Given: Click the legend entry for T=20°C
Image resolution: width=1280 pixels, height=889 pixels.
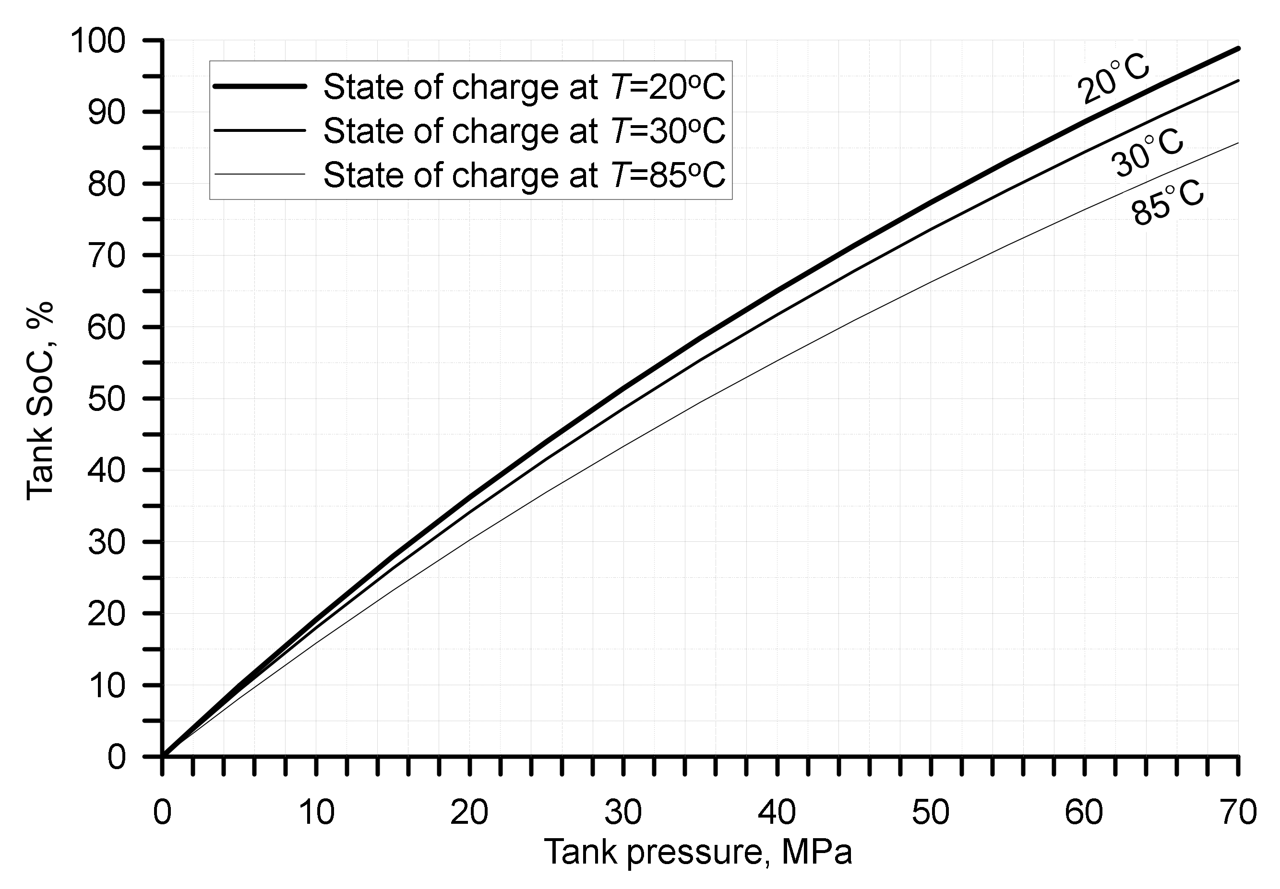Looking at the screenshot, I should pos(524,87).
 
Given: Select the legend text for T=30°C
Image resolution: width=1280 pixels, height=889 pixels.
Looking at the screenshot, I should pos(524,131).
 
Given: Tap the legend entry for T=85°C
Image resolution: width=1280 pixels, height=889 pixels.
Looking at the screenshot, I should pos(524,175).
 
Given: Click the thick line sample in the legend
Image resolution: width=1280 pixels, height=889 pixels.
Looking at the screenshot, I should pos(260,86).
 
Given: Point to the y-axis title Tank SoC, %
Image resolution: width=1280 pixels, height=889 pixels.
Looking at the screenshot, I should pos(40,400).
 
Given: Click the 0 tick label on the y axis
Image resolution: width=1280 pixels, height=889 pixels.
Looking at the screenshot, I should pos(117,757).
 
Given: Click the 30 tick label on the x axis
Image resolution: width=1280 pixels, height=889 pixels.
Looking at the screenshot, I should pos(623,812).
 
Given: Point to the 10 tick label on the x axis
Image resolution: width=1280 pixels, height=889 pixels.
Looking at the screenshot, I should pos(316,812).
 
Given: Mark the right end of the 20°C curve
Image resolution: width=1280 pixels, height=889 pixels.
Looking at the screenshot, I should pos(1238,48).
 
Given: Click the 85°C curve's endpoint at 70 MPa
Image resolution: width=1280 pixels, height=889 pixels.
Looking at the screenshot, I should pos(1238,143).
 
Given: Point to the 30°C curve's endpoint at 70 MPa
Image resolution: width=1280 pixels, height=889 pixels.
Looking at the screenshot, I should pos(1238,80).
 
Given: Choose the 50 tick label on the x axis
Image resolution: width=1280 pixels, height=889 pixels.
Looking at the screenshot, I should pos(931,812).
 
